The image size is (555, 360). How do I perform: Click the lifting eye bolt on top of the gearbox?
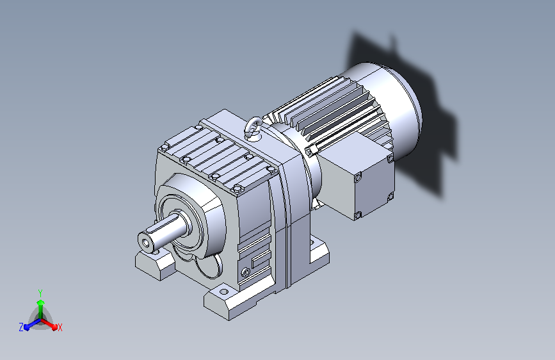pos(252,128)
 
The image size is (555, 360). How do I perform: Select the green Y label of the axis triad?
pos(40,293)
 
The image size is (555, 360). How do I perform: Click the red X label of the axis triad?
pos(60,327)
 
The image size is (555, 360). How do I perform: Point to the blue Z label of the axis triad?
pos(21,327)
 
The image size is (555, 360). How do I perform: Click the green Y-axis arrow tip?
pos(41,302)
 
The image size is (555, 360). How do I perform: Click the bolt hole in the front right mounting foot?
pos(223,292)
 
